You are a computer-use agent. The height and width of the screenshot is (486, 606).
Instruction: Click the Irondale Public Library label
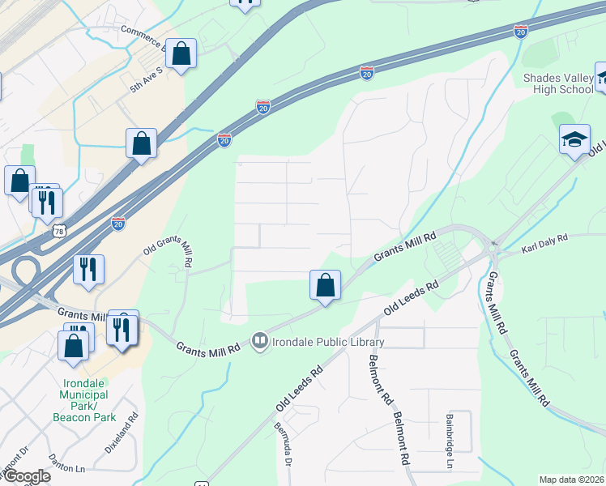pyautogui.click(x=328, y=342)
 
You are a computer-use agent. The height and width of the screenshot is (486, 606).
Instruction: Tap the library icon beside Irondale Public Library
pyautogui.click(x=260, y=341)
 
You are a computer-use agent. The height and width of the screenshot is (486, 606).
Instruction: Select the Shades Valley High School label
pyautogui.click(x=558, y=83)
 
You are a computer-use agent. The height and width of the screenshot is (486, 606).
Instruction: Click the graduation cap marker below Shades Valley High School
pyautogui.click(x=574, y=139)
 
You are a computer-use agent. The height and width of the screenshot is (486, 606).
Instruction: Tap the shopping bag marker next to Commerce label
pyautogui.click(x=181, y=54)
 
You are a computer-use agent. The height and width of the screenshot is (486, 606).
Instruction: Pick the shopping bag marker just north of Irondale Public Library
pyautogui.click(x=325, y=285)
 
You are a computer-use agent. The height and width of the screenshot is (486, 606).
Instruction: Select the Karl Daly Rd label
pyautogui.click(x=546, y=241)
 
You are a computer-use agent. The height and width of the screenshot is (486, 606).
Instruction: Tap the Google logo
pyautogui.click(x=26, y=476)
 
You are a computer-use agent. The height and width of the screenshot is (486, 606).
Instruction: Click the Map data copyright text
pyautogui.click(x=571, y=480)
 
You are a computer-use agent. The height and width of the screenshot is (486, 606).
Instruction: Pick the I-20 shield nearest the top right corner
pyautogui.click(x=521, y=31)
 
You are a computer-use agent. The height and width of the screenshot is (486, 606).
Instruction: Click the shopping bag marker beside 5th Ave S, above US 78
pyautogui.click(x=142, y=143)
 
